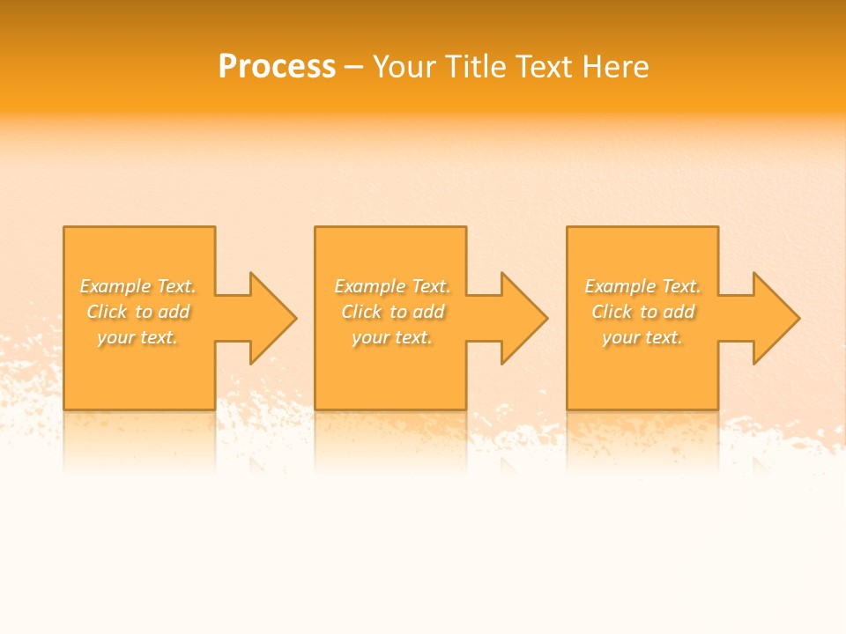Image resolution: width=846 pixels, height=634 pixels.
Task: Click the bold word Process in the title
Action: pyautogui.click(x=277, y=67)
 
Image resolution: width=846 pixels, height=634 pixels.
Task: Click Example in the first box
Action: pyautogui.click(x=115, y=286)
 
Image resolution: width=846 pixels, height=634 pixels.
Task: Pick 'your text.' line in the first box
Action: pyautogui.click(x=137, y=337)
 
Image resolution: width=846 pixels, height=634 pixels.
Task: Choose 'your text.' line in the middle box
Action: pyautogui.click(x=392, y=337)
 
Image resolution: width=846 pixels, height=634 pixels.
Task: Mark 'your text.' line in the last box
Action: pyautogui.click(x=642, y=337)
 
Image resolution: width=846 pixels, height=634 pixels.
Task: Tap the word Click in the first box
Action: pyautogui.click(x=107, y=312)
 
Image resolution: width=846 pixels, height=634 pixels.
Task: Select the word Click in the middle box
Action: pyautogui.click(x=361, y=312)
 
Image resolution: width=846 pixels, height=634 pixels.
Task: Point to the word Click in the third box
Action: pyautogui.click(x=612, y=312)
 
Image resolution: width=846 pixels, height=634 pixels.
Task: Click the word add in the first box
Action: pyautogui.click(x=174, y=312)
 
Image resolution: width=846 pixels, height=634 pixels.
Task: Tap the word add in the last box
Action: pyautogui.click(x=679, y=312)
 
